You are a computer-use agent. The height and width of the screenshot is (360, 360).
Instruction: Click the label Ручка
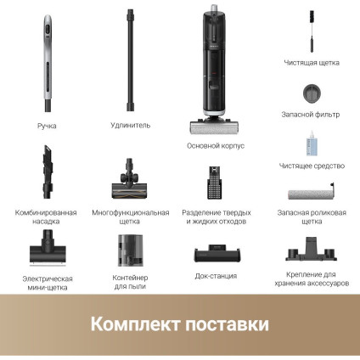46,125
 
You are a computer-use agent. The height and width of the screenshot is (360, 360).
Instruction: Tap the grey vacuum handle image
48,64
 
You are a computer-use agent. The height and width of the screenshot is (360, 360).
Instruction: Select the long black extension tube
131,59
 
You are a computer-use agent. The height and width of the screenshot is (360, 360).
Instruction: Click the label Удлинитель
131,125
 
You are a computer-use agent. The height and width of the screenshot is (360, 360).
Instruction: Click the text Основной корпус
215,145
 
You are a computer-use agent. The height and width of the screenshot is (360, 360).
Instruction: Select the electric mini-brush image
47,248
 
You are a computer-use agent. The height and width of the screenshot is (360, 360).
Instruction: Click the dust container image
131,250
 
